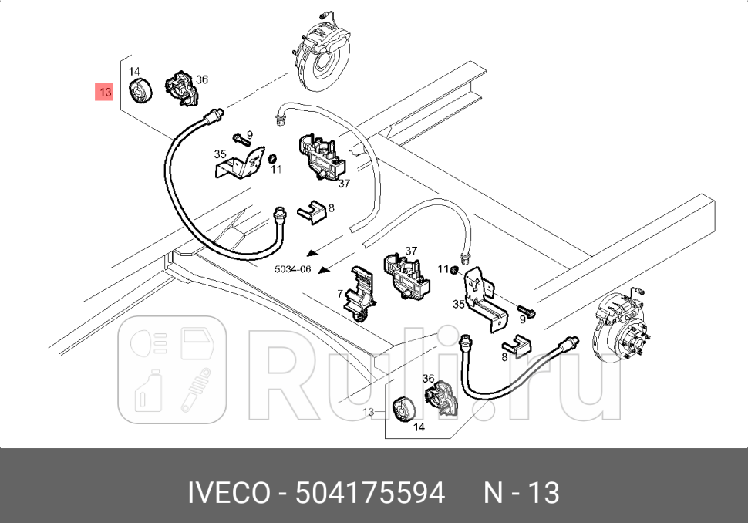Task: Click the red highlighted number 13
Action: (105, 93)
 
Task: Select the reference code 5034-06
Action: (293, 269)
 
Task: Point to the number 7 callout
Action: (339, 294)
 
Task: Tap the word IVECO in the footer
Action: (229, 493)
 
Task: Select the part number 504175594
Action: (371, 493)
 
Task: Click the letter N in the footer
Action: (494, 493)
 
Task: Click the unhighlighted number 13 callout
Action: (368, 412)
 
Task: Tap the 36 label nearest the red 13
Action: (202, 79)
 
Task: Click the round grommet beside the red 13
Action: (140, 91)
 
